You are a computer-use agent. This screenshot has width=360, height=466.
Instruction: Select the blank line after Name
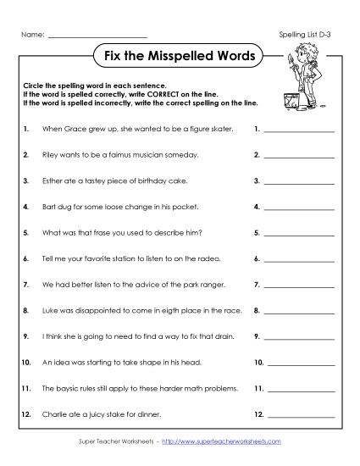[98, 36]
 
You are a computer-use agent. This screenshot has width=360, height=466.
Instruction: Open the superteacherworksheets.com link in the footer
[214, 441]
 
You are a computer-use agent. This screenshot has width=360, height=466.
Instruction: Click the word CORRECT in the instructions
[151, 95]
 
